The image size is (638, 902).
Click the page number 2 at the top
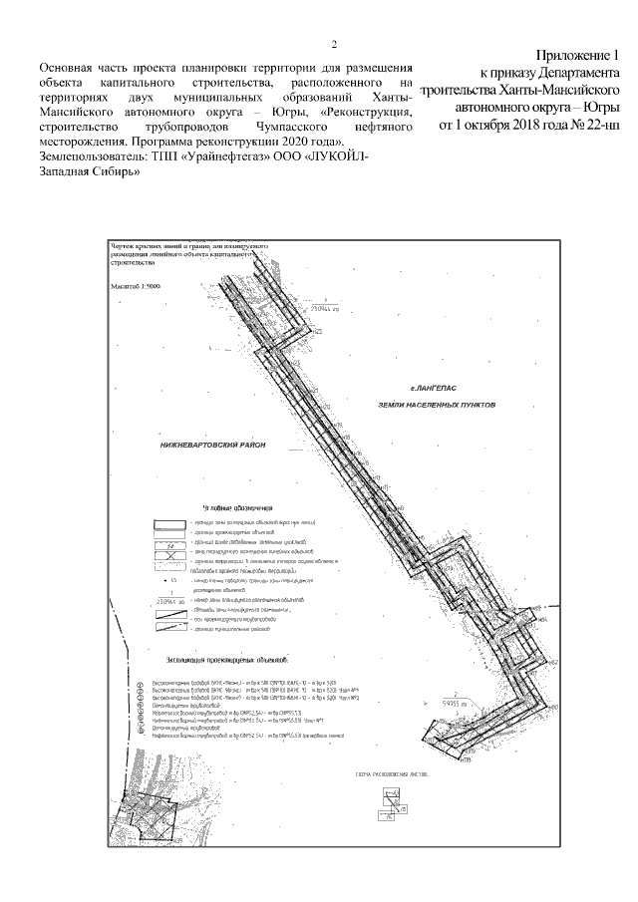click(334, 45)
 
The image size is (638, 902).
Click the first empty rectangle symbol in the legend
click(167, 522)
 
